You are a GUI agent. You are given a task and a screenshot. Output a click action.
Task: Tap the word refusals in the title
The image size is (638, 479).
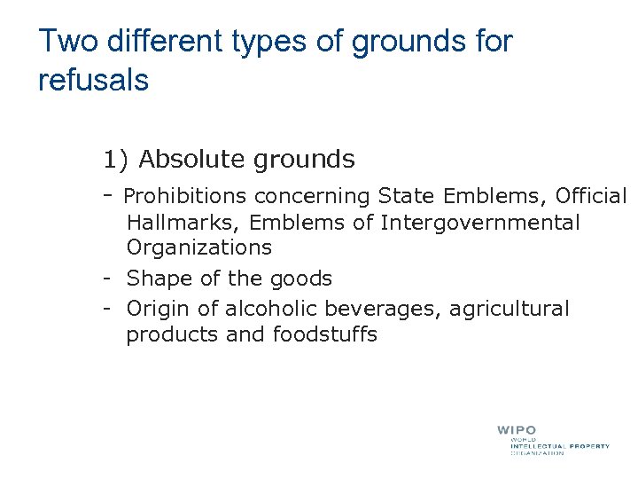(93, 81)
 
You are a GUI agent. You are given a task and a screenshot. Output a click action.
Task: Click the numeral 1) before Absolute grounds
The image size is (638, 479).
(115, 160)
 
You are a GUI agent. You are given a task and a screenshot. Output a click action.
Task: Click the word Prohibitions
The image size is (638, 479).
(185, 195)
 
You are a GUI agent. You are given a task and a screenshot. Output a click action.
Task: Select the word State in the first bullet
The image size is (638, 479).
(404, 195)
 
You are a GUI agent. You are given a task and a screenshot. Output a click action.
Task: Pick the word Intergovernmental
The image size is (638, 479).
(479, 223)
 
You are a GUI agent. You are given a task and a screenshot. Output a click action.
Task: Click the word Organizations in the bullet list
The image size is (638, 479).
(198, 247)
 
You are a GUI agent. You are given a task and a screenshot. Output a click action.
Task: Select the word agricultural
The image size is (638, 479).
(510, 309)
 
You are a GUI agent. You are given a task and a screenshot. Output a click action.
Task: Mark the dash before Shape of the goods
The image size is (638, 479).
(105, 279)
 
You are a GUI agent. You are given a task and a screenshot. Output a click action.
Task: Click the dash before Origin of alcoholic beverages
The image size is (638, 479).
(105, 309)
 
